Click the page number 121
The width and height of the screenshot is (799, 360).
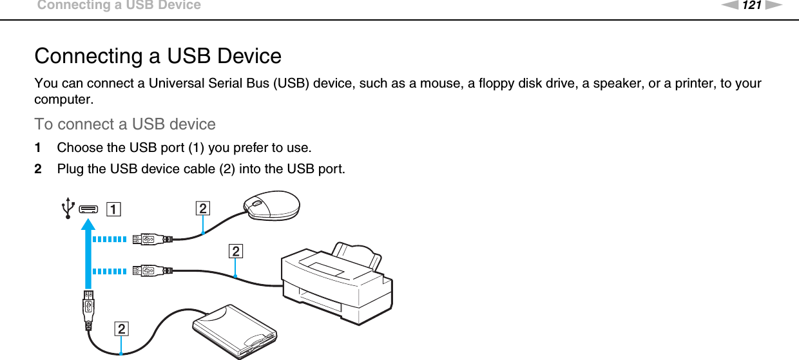[752, 6]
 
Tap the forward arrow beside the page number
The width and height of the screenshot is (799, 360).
[772, 6]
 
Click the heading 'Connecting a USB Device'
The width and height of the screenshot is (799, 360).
[158, 56]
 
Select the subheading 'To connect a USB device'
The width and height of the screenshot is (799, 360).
[125, 124]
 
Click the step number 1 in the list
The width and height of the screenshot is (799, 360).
[38, 147]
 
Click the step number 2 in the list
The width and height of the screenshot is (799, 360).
[38, 169]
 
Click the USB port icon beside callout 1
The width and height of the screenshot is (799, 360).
[88, 208]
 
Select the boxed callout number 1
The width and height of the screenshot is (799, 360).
[112, 209]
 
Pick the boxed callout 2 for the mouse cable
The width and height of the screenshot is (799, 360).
[202, 208]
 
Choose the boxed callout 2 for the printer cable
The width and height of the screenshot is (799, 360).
[236, 251]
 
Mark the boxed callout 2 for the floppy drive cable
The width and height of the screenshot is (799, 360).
[121, 329]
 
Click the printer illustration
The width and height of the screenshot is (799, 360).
[335, 277]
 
